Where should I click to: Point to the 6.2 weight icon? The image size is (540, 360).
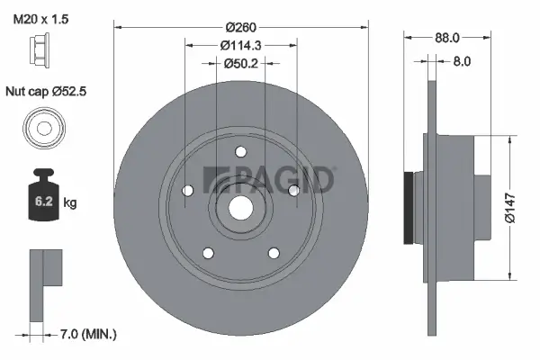[x=41, y=197]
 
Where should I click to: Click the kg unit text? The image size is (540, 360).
[x=70, y=203]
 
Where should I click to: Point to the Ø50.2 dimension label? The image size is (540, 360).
[x=240, y=63]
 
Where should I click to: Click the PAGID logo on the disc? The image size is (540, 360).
[x=269, y=179]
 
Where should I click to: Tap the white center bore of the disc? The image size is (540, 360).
[x=241, y=206]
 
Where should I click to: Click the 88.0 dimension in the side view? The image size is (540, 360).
[x=447, y=38]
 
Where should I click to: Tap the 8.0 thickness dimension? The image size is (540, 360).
[x=461, y=62]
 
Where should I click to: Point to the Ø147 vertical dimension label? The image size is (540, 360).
[x=509, y=207]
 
